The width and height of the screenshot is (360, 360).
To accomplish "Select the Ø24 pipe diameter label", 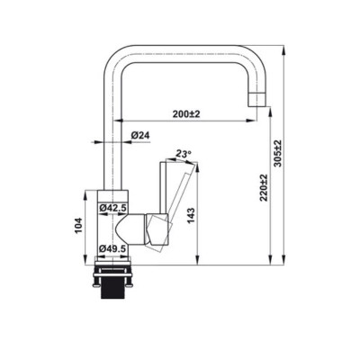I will point(139,135).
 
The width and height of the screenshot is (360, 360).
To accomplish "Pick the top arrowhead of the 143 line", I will point(191,164).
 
